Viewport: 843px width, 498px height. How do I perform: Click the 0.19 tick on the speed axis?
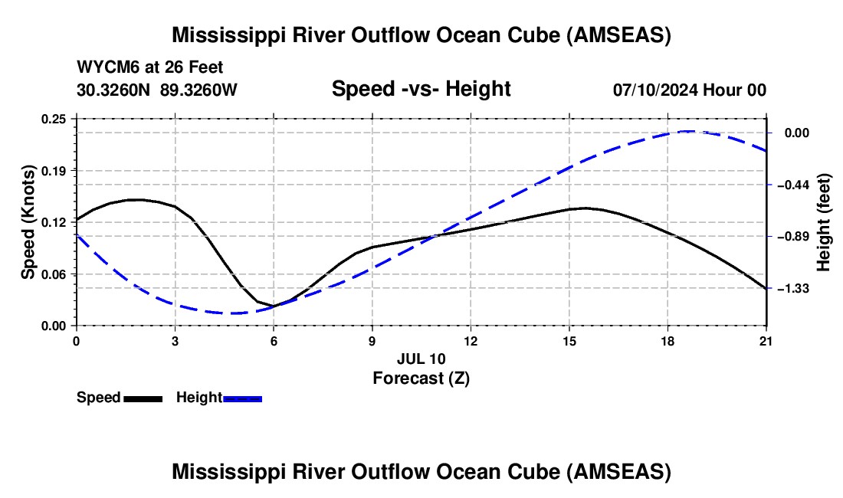(x=76, y=170)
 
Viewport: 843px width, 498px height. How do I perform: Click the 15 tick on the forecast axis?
(x=569, y=326)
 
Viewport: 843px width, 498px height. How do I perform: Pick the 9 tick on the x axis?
(x=372, y=326)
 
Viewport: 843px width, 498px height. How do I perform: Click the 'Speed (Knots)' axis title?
(x=28, y=222)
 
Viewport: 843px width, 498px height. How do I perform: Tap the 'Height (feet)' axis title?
(x=825, y=222)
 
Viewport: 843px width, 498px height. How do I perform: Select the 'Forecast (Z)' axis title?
(x=421, y=378)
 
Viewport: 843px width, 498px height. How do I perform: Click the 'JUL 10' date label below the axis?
(x=421, y=359)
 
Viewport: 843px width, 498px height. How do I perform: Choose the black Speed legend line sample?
(x=143, y=398)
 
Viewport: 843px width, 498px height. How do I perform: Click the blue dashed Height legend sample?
(x=242, y=398)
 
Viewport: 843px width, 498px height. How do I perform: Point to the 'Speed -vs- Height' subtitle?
(x=421, y=89)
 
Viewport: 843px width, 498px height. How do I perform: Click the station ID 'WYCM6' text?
(x=103, y=67)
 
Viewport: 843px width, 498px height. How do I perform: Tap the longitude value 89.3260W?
(x=198, y=90)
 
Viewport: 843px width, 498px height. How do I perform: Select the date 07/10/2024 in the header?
(x=654, y=90)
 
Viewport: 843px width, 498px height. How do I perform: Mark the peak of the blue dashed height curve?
(x=688, y=131)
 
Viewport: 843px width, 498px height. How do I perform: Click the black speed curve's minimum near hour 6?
(x=274, y=306)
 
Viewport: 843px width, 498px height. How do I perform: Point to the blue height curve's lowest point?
(x=233, y=313)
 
